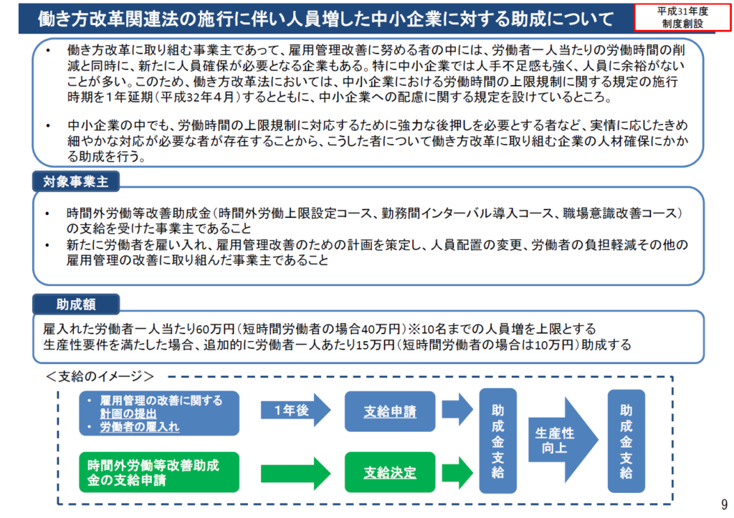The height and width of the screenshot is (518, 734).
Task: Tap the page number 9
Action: coord(722,503)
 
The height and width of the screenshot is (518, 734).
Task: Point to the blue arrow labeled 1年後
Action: coord(295,411)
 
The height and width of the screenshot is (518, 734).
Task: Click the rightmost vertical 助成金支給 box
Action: coord(626,441)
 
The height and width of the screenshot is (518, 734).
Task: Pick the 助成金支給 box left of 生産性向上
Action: coord(497,441)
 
